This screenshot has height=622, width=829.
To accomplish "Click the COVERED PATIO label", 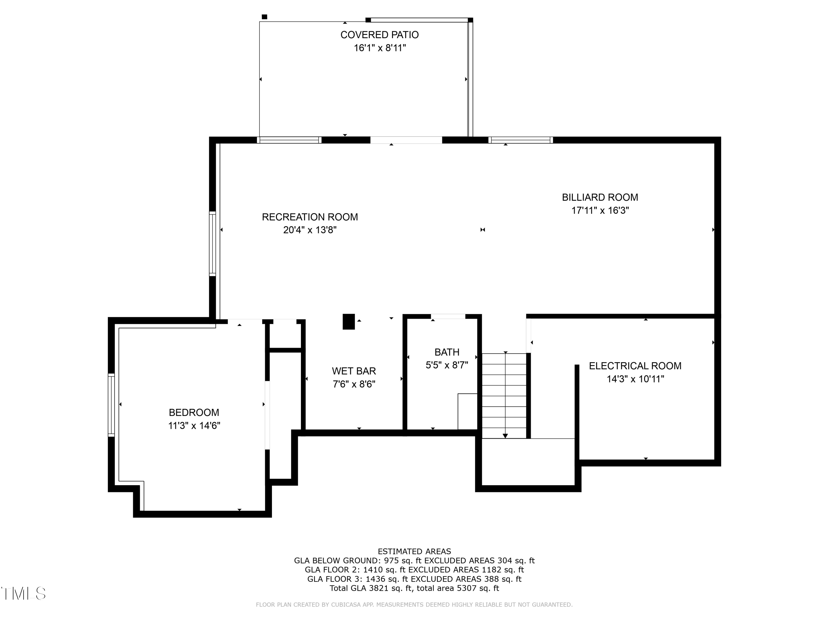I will (x=379, y=35).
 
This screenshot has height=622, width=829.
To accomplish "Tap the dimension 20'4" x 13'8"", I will (x=309, y=230).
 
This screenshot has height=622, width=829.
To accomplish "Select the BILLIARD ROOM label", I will (x=600, y=197).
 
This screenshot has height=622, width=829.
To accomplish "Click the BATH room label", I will (x=447, y=352).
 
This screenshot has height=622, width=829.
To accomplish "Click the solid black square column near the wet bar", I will (x=348, y=322).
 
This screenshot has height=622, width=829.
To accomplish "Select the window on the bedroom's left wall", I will (x=111, y=405).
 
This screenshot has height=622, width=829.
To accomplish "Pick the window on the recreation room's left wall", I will (x=213, y=244).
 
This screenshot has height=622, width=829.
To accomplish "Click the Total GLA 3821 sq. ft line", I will (x=414, y=588).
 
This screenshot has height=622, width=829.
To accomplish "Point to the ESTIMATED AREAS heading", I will (x=414, y=552).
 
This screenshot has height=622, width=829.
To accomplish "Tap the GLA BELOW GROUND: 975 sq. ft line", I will (x=414, y=561).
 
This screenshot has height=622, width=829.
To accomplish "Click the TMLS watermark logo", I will (x=23, y=594).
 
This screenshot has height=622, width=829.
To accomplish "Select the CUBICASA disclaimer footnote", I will (x=414, y=604).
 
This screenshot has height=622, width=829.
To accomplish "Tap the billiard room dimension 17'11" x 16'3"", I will (x=600, y=210).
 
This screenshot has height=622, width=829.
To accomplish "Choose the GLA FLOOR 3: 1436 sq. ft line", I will (x=414, y=579).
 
